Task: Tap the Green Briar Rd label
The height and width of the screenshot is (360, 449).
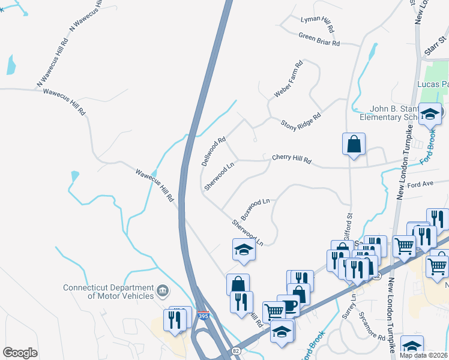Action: coord(319,40)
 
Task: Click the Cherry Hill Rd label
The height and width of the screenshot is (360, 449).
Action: coord(292,158)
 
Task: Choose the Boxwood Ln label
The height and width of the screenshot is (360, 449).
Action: coord(256,209)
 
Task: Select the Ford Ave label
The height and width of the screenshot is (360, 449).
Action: coord(420,184)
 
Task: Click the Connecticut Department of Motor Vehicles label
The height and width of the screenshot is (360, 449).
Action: coord(107,292)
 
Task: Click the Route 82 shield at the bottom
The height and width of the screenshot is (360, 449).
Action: coord(235,350)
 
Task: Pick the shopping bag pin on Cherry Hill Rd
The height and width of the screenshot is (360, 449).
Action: coord(354,144)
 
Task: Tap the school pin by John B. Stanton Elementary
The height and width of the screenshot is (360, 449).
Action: coord(430,114)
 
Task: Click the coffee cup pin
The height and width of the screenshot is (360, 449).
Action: coord(288,305)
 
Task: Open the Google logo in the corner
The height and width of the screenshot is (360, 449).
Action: coord(20,353)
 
